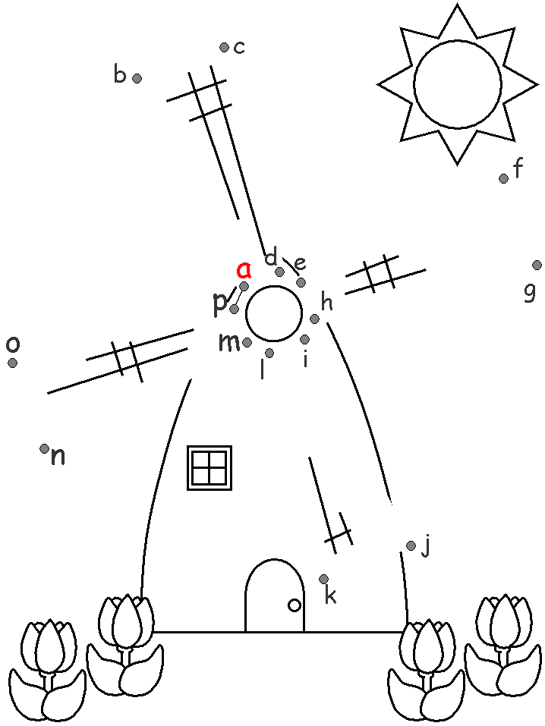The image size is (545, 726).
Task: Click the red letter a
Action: coord(244,269)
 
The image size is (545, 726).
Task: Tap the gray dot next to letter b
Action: coord(137,78)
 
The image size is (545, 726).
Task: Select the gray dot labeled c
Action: coord(224,48)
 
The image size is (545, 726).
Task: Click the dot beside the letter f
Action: coord(503,178)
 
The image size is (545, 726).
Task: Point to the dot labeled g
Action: coord(537,265)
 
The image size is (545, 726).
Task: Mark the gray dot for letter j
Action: coord(411,545)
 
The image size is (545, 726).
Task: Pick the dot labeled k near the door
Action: coord(324,579)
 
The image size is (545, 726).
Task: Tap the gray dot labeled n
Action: coord(44,448)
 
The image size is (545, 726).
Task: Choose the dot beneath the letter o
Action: coord(12,363)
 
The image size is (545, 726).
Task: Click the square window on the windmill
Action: coord(209,467)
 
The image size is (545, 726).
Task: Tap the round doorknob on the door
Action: coord(295,605)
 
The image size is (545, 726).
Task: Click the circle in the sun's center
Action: coord(457,84)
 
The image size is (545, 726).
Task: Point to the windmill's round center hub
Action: coord(274,313)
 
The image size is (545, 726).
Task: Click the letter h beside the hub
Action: coord(327,303)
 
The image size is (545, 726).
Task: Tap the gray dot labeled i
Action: coord(304,339)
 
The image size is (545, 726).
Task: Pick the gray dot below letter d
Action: coord(279,272)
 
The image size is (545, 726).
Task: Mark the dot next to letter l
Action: coord(269,353)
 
